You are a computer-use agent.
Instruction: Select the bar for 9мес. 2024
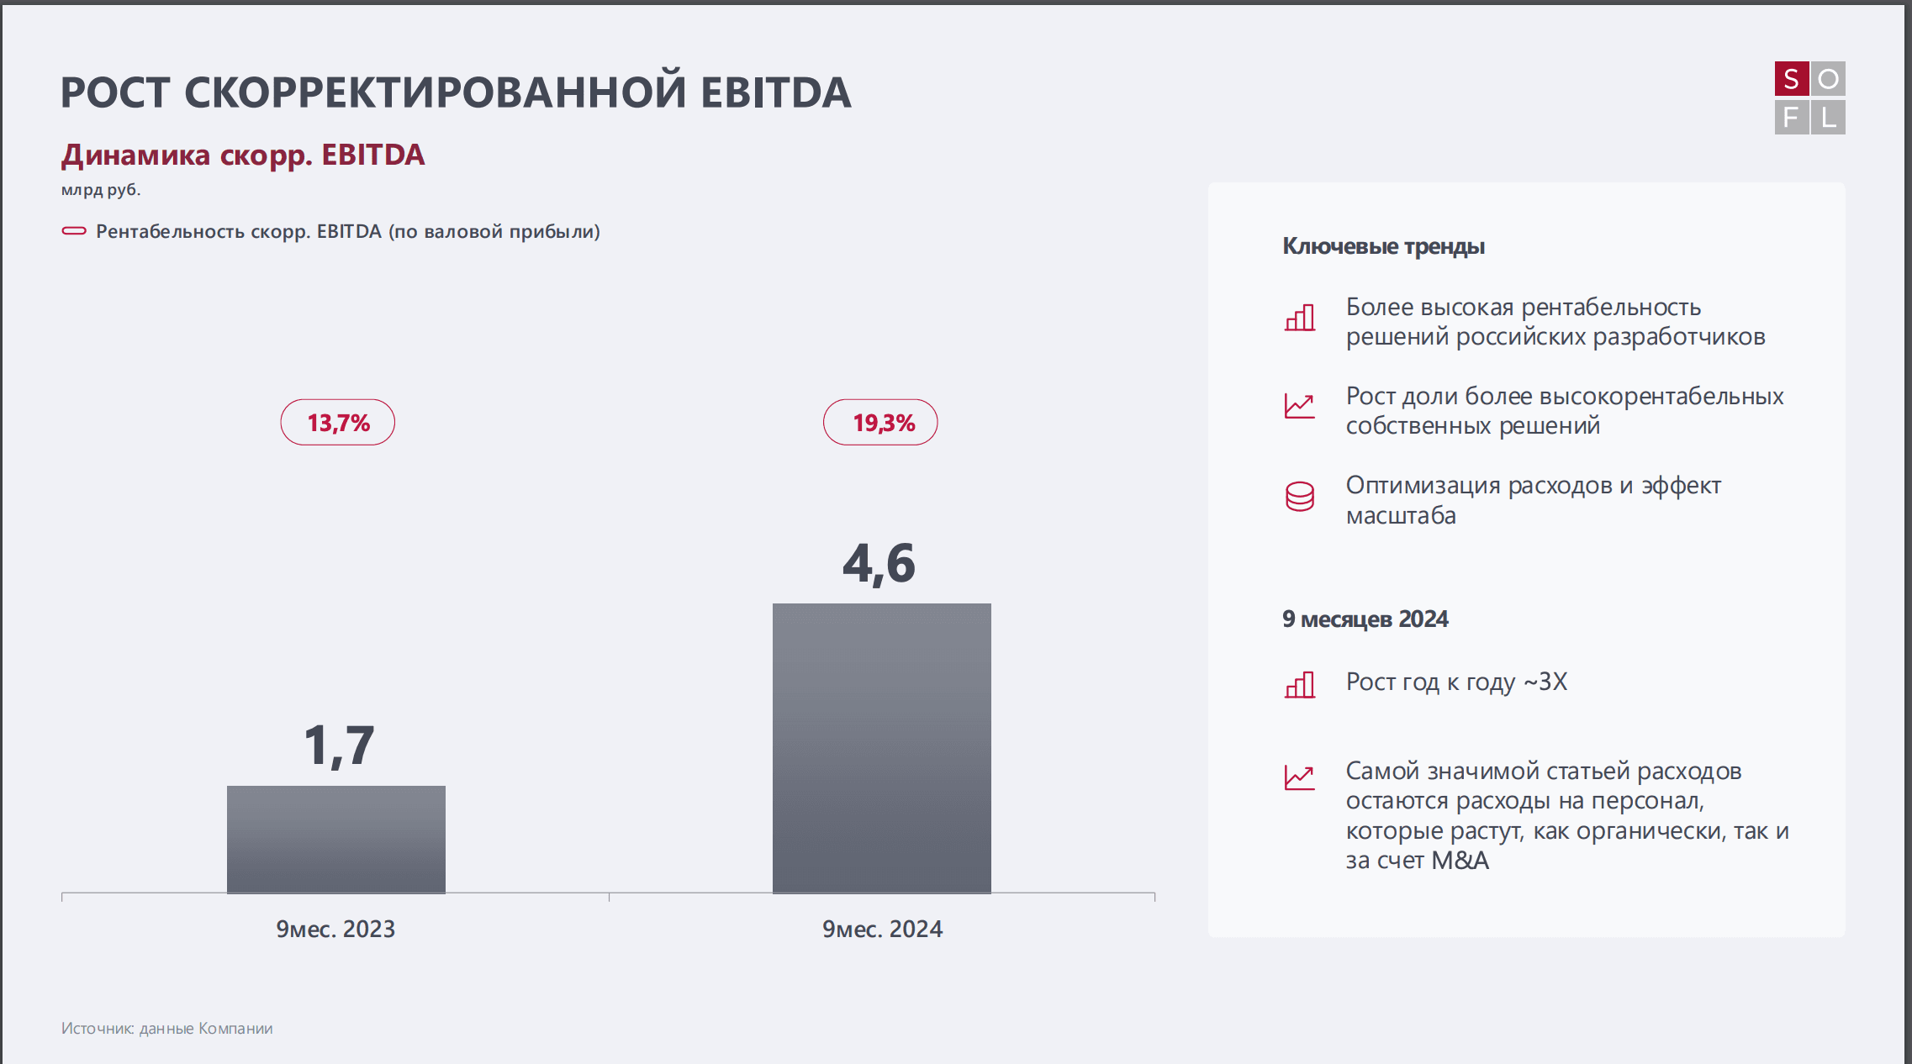[x=881, y=747]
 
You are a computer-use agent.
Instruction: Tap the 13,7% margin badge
[x=337, y=422]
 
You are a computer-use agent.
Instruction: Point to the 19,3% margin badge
[x=880, y=422]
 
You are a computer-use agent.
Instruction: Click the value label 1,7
[x=339, y=745]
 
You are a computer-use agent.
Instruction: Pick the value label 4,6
[x=879, y=563]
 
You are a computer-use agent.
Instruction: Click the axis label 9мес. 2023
[x=335, y=929]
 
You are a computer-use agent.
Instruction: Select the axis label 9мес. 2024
[x=882, y=929]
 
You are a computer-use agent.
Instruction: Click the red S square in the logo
[x=1791, y=79]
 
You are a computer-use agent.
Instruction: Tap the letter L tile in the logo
[x=1828, y=118]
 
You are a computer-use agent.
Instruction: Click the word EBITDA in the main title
[x=775, y=92]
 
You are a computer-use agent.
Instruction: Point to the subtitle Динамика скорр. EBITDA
[x=243, y=155]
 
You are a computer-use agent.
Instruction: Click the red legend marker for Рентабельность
[x=74, y=231]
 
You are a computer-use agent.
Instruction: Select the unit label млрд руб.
[x=101, y=190]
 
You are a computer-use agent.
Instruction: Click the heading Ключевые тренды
[x=1383, y=246]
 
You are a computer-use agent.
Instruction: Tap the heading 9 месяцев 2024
[x=1365, y=619]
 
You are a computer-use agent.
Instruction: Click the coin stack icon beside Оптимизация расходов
[x=1299, y=497]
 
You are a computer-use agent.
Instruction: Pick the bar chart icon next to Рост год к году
[x=1299, y=685]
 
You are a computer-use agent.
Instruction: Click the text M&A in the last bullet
[x=1460, y=861]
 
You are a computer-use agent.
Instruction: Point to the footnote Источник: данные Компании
[x=166, y=1029]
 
